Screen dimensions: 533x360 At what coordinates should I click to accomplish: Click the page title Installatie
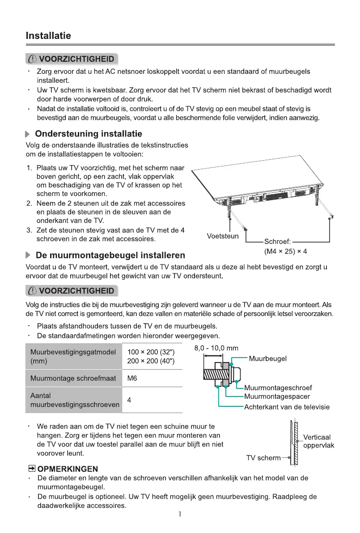pyautogui.click(x=48, y=36)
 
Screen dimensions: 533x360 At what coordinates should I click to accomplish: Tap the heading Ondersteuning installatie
pyautogui.click(x=88, y=134)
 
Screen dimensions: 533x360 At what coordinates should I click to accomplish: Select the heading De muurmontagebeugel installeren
pyautogui.click(x=110, y=256)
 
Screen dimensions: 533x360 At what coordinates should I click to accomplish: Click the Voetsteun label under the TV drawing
pyautogui.click(x=223, y=236)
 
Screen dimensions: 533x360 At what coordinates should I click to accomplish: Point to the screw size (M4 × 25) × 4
pyautogui.click(x=285, y=251)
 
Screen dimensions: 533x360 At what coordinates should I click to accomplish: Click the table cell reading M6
pyautogui.click(x=132, y=379)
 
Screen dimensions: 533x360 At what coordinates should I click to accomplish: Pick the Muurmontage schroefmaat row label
pyautogui.click(x=73, y=379)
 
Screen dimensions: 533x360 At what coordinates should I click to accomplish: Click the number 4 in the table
pyautogui.click(x=129, y=400)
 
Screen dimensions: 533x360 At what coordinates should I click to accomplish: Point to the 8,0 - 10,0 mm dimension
pyautogui.click(x=216, y=348)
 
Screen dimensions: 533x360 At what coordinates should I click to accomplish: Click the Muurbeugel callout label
pyautogui.click(x=267, y=358)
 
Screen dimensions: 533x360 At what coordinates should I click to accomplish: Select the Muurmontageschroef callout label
pyautogui.click(x=278, y=388)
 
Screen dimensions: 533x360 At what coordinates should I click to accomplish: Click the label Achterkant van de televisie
pyautogui.click(x=287, y=407)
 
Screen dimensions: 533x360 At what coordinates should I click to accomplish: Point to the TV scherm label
pyautogui.click(x=263, y=458)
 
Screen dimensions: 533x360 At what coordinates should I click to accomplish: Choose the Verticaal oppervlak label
pyautogui.click(x=318, y=441)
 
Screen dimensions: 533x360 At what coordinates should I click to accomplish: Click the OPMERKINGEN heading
pyautogui.click(x=68, y=469)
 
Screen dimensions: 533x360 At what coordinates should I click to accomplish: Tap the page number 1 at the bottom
pyautogui.click(x=180, y=515)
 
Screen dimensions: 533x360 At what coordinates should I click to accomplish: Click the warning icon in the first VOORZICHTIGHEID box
pyautogui.click(x=33, y=59)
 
